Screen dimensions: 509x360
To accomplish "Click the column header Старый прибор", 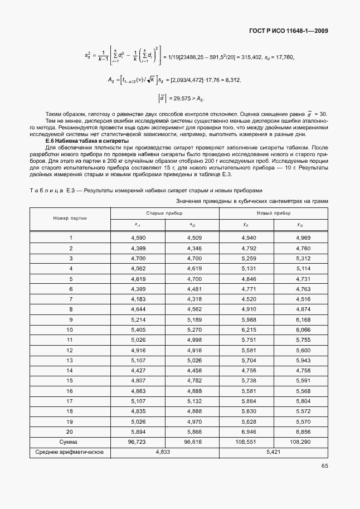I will (x=164, y=213).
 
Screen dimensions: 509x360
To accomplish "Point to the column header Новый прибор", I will (x=273, y=213).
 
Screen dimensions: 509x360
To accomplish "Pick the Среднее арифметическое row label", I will (x=70, y=452).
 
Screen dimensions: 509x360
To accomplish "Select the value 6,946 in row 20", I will (x=246, y=432).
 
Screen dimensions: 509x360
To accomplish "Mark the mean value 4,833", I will (x=164, y=452).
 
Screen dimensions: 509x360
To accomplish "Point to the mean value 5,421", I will (x=273, y=452).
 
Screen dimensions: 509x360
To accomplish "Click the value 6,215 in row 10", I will (x=246, y=329).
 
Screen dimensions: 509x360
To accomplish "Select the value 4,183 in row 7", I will (x=138, y=299).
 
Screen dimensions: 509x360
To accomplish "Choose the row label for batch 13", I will (x=70, y=360).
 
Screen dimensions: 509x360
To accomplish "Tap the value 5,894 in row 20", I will (x=138, y=432).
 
